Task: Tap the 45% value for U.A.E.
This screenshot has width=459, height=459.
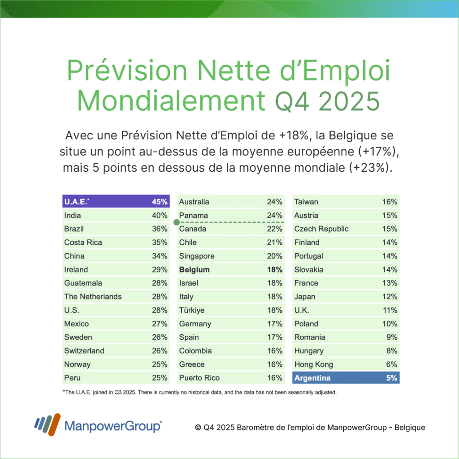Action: coord(160,202)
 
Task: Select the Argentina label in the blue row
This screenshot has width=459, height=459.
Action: coord(312,378)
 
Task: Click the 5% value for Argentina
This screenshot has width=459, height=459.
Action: coord(392,378)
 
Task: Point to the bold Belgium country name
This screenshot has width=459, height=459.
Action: coord(194,270)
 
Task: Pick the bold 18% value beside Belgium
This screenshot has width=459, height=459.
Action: coord(275,270)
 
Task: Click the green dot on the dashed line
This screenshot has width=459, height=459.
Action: coord(176,222)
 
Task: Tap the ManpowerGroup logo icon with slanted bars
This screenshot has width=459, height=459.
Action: coord(47,424)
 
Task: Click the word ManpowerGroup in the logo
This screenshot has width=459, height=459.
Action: coord(113,426)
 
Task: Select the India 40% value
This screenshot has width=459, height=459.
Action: coord(160,216)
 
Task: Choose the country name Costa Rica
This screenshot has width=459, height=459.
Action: coord(83,242)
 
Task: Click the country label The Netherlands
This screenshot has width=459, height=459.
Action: coord(93,297)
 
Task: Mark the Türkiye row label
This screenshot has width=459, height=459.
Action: coord(192,310)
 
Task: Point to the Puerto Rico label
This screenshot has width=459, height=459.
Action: coord(199,378)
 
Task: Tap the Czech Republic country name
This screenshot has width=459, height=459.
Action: coord(321,229)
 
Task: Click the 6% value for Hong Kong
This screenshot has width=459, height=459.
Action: coord(392,364)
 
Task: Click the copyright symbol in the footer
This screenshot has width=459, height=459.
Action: coord(198,428)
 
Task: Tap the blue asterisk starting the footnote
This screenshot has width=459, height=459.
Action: coord(64,391)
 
